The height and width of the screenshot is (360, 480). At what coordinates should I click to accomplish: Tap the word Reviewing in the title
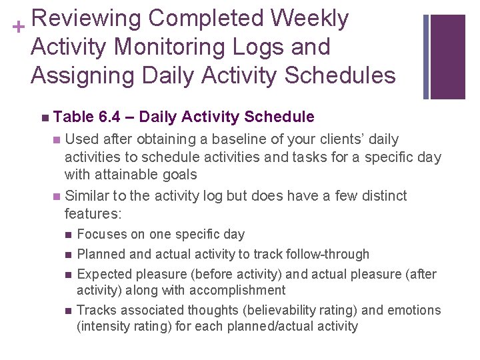pos(85,19)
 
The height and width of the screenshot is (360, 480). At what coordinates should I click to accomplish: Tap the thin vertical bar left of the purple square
pos(426,57)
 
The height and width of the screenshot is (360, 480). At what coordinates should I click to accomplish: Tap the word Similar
pos(87,196)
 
